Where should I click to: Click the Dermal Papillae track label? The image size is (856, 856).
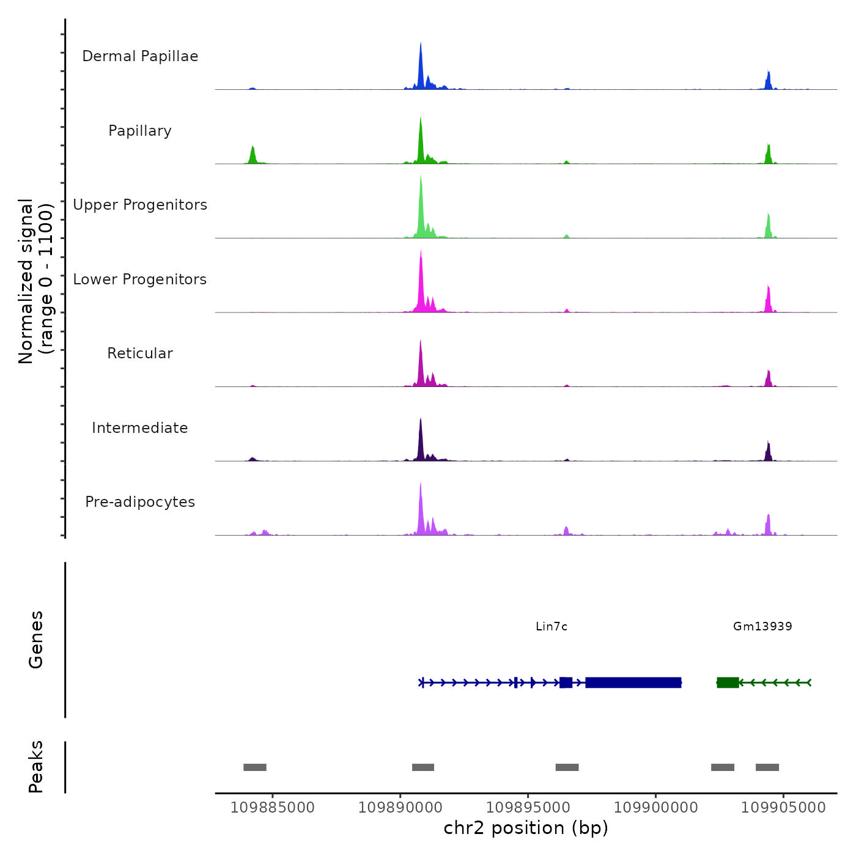140,56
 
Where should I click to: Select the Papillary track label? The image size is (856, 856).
140,131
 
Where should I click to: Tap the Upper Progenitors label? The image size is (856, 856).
140,205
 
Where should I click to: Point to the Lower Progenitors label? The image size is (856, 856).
140,279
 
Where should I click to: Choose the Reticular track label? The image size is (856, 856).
140,353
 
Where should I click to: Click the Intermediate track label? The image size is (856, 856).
140,428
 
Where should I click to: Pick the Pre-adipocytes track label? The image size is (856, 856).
140,502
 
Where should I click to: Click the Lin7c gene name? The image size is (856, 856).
552,626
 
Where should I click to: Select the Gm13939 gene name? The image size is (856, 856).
762,626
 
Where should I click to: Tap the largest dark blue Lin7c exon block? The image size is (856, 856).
633,682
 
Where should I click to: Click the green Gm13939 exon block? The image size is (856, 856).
728,682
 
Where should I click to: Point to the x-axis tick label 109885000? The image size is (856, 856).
273,808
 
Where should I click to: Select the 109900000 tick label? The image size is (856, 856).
655,808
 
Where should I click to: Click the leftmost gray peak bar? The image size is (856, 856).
255,767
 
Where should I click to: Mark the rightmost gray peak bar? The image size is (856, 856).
767,767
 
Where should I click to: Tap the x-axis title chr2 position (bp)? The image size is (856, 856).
526,828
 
